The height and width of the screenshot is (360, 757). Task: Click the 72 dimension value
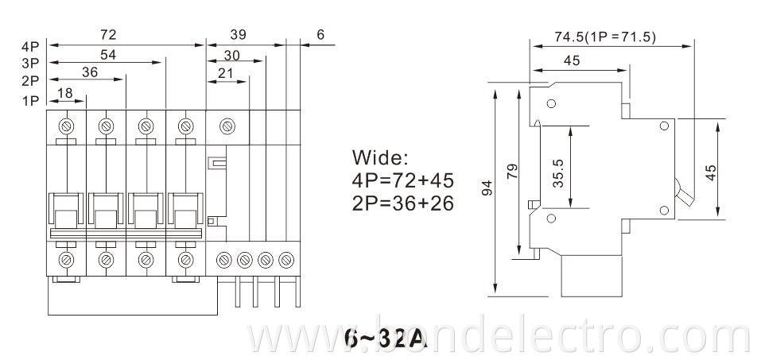(x=109, y=35)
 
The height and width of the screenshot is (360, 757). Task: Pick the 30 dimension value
(x=233, y=55)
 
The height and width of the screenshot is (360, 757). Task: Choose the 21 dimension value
(x=226, y=73)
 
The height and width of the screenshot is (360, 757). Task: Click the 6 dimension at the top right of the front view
(x=320, y=35)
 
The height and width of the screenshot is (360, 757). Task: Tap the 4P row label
(x=31, y=46)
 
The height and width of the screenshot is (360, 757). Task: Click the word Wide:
(x=379, y=156)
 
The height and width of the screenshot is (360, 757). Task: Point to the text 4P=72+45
(x=403, y=179)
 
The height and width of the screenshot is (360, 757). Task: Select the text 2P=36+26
(x=403, y=203)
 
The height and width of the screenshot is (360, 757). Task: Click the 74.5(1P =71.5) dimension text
(x=605, y=37)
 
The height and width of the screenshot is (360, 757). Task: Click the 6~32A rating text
(x=386, y=339)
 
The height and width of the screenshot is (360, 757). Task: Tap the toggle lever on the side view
(x=682, y=191)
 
